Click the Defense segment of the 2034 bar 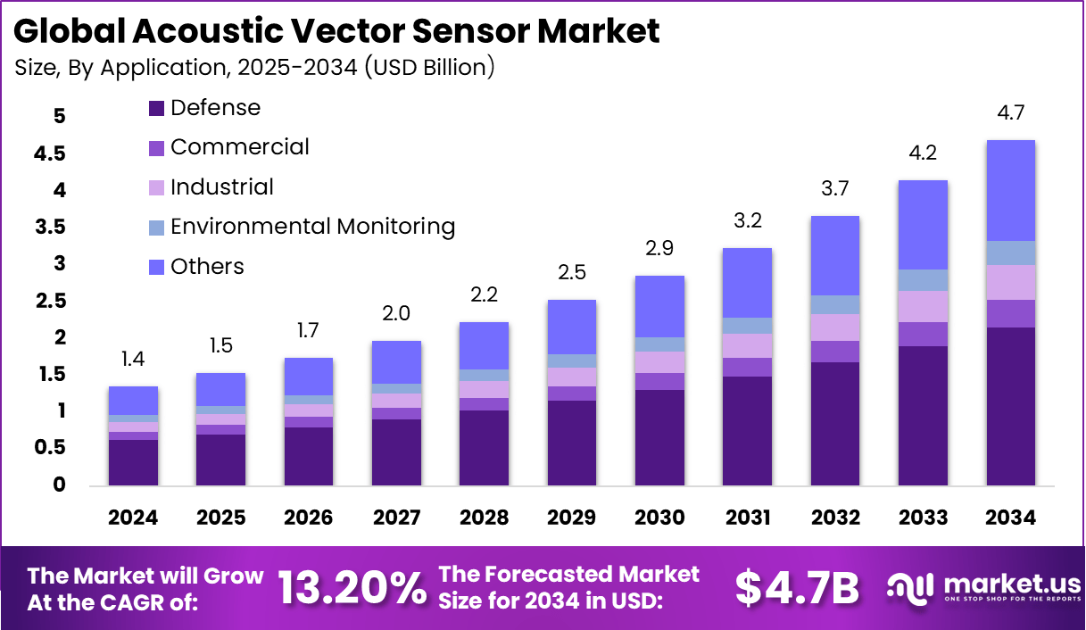pyautogui.click(x=1010, y=406)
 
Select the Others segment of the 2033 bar pyautogui.click(x=923, y=225)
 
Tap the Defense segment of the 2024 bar pyautogui.click(x=133, y=462)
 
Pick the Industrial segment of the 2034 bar pyautogui.click(x=1010, y=282)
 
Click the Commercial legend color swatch pyautogui.click(x=156, y=148)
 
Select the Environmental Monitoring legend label pyautogui.click(x=312, y=227)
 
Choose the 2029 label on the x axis pyautogui.click(x=572, y=518)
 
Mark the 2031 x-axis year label pyautogui.click(x=748, y=518)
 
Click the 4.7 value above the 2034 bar pyautogui.click(x=1010, y=113)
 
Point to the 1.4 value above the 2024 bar pyautogui.click(x=133, y=360)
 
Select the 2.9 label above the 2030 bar pyautogui.click(x=659, y=249)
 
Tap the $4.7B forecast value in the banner pyautogui.click(x=797, y=588)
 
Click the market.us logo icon pyautogui.click(x=910, y=586)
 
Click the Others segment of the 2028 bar pyautogui.click(x=485, y=345)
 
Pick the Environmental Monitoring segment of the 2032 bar pyautogui.click(x=835, y=304)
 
